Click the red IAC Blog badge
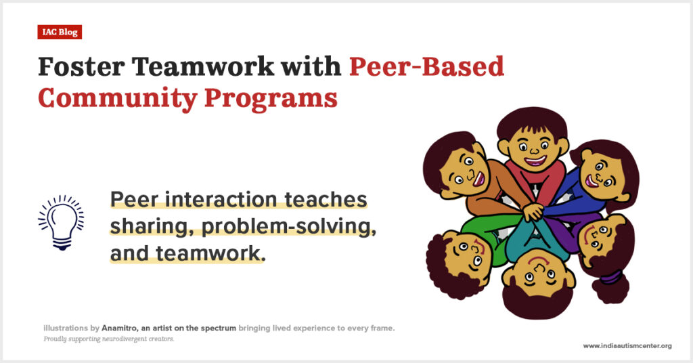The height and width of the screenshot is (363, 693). point(60,33)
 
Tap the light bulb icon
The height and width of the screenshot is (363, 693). point(62,222)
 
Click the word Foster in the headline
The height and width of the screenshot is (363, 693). point(81,67)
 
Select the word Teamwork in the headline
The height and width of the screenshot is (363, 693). point(203,67)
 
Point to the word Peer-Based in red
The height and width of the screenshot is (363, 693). point(426,67)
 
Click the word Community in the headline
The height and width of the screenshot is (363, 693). point(118,99)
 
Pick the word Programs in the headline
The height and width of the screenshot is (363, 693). point(271,99)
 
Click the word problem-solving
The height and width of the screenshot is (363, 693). point(289,227)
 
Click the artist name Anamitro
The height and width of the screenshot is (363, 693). point(119,328)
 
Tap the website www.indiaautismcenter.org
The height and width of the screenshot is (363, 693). point(627,346)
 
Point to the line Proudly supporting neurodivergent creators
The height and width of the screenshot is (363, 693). point(109,339)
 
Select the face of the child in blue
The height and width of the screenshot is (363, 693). point(602,174)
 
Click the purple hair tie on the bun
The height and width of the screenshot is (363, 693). point(611,278)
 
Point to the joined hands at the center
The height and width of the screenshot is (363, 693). point(534,211)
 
